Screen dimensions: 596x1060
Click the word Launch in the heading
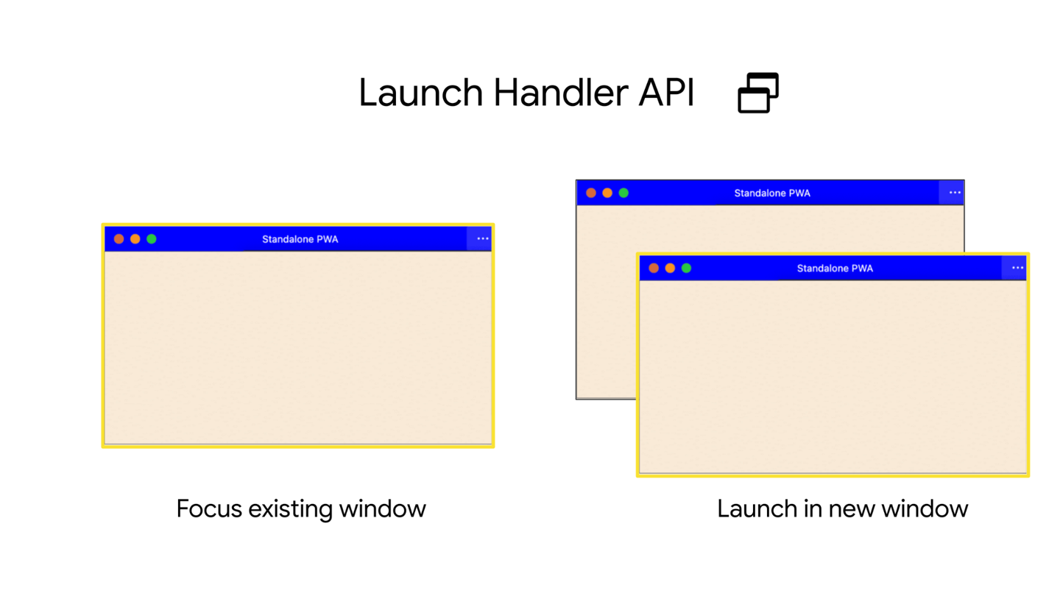pyautogui.click(x=420, y=93)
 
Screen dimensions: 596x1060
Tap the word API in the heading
pyautogui.click(x=667, y=93)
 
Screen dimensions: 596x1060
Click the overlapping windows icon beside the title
pyautogui.click(x=758, y=93)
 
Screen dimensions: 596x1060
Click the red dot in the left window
pyautogui.click(x=119, y=239)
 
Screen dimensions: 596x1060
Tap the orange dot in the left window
pyautogui.click(x=135, y=239)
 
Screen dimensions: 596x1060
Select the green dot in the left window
pyautogui.click(x=152, y=239)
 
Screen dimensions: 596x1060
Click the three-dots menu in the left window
pyautogui.click(x=482, y=239)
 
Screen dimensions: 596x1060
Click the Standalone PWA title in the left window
pyautogui.click(x=300, y=239)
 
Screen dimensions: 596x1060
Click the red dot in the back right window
pyautogui.click(x=591, y=193)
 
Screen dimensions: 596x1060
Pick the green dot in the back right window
pyautogui.click(x=623, y=193)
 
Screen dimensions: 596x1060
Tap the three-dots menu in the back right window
pyautogui.click(x=955, y=193)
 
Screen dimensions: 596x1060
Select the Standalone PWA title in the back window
pyautogui.click(x=771, y=194)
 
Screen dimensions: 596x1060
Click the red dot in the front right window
pyautogui.click(x=654, y=268)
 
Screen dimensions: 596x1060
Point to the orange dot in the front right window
pyautogui.click(x=670, y=268)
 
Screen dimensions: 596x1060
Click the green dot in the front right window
pyautogui.click(x=686, y=268)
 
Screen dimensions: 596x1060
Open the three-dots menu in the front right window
pyautogui.click(x=1017, y=268)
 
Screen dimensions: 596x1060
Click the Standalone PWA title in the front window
pyautogui.click(x=835, y=269)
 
